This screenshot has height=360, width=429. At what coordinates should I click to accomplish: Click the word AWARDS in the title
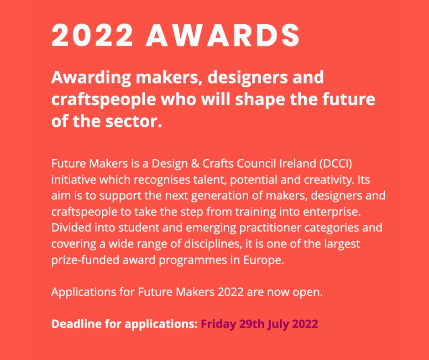pyautogui.click(x=223, y=35)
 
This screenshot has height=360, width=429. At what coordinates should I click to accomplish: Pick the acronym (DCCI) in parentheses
pyautogui.click(x=343, y=163)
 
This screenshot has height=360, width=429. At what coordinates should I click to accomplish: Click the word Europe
pyautogui.click(x=271, y=259)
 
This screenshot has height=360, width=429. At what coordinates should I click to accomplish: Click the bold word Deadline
pyautogui.click(x=75, y=324)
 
